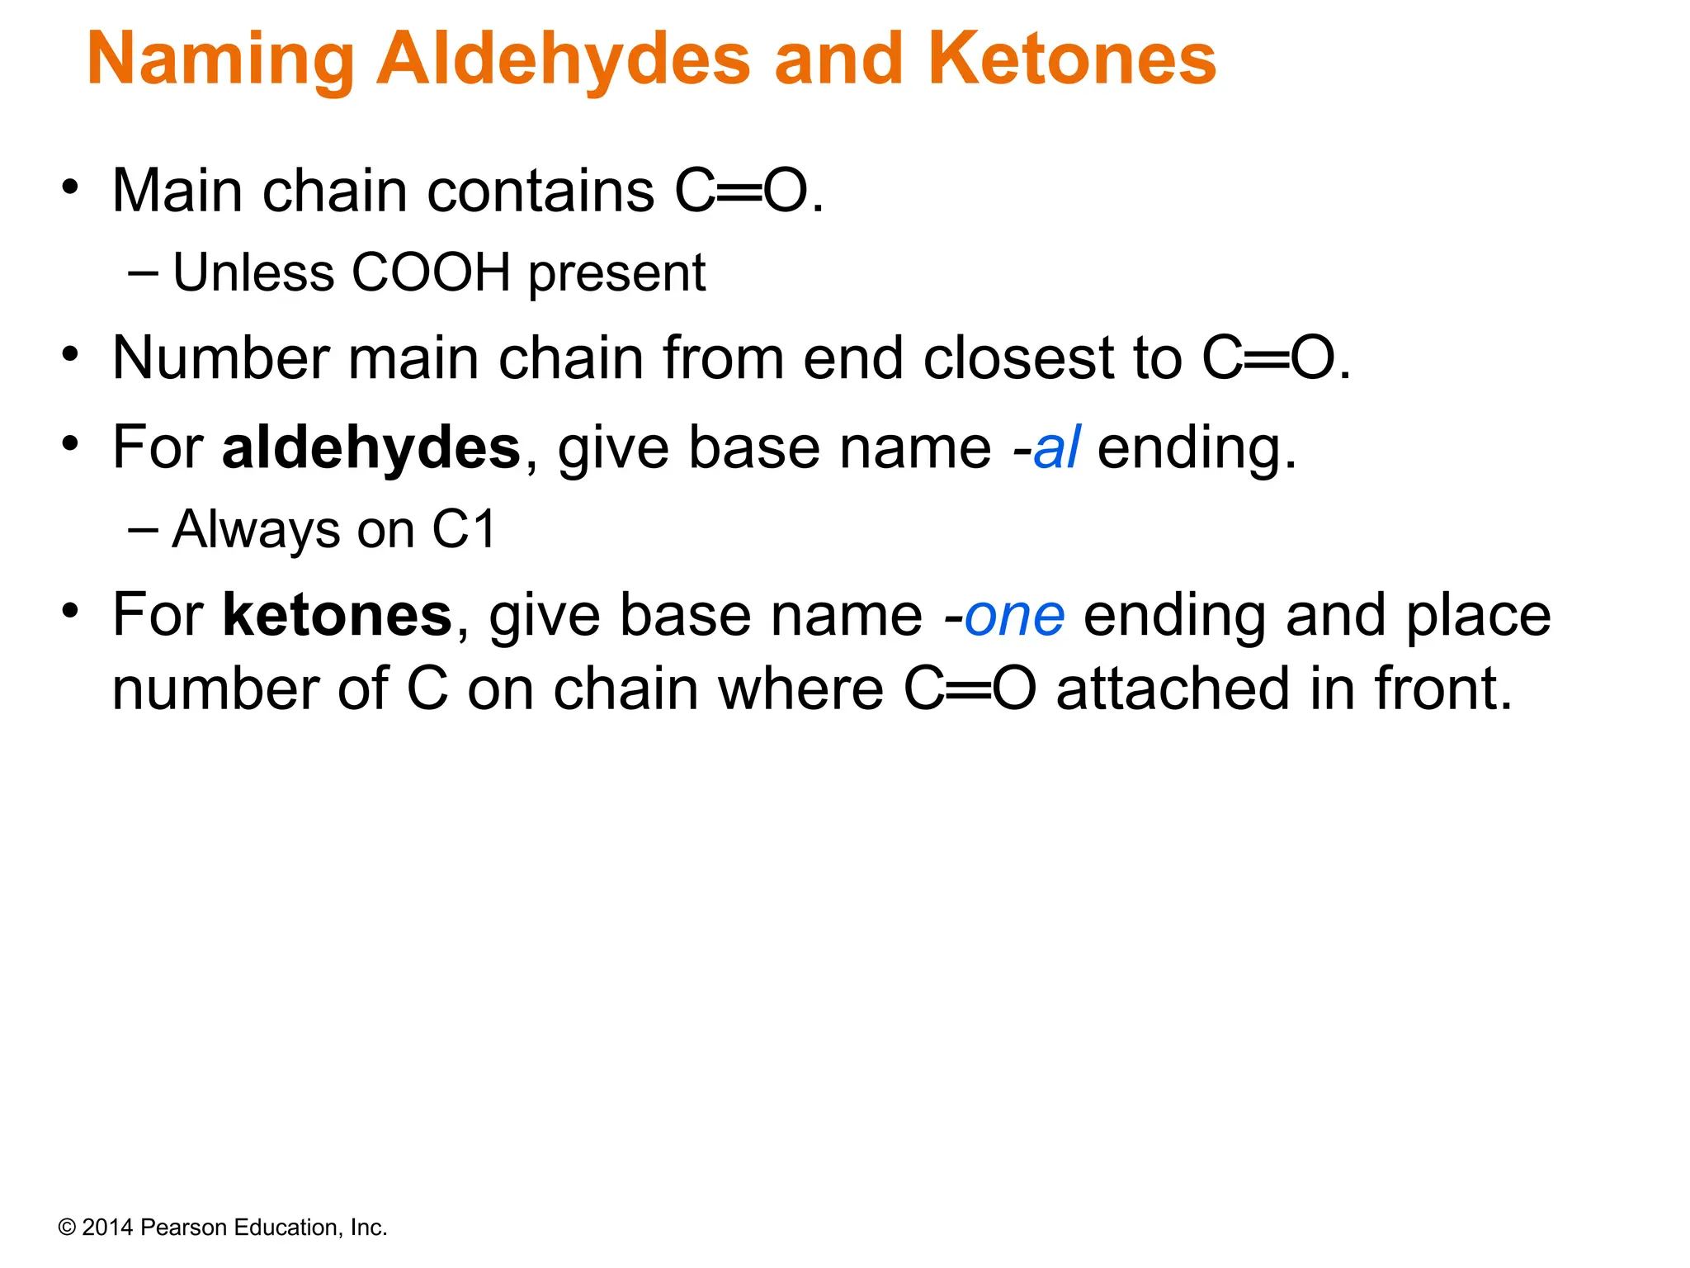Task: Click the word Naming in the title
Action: [x=220, y=59]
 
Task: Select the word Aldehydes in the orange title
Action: [x=564, y=59]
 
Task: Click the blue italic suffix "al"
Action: [x=1056, y=448]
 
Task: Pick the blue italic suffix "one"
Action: [x=1014, y=616]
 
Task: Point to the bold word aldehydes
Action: [x=371, y=448]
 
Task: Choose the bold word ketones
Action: [x=338, y=616]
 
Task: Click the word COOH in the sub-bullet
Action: [x=431, y=272]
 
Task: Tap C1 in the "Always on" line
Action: [x=464, y=529]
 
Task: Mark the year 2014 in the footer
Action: [x=107, y=1228]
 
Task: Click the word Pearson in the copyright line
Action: [x=184, y=1228]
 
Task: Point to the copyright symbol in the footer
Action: [x=67, y=1228]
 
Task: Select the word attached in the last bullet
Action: [x=1173, y=689]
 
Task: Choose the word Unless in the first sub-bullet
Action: [x=253, y=272]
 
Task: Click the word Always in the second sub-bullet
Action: [x=255, y=529]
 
